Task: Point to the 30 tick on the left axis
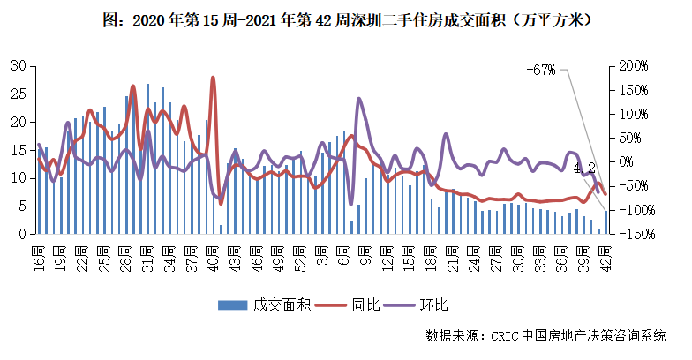click(18, 66)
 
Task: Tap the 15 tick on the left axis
click(18, 150)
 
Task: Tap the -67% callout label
click(541, 70)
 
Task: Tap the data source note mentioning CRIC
click(545, 335)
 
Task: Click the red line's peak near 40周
click(214, 78)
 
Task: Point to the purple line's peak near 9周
click(358, 99)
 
